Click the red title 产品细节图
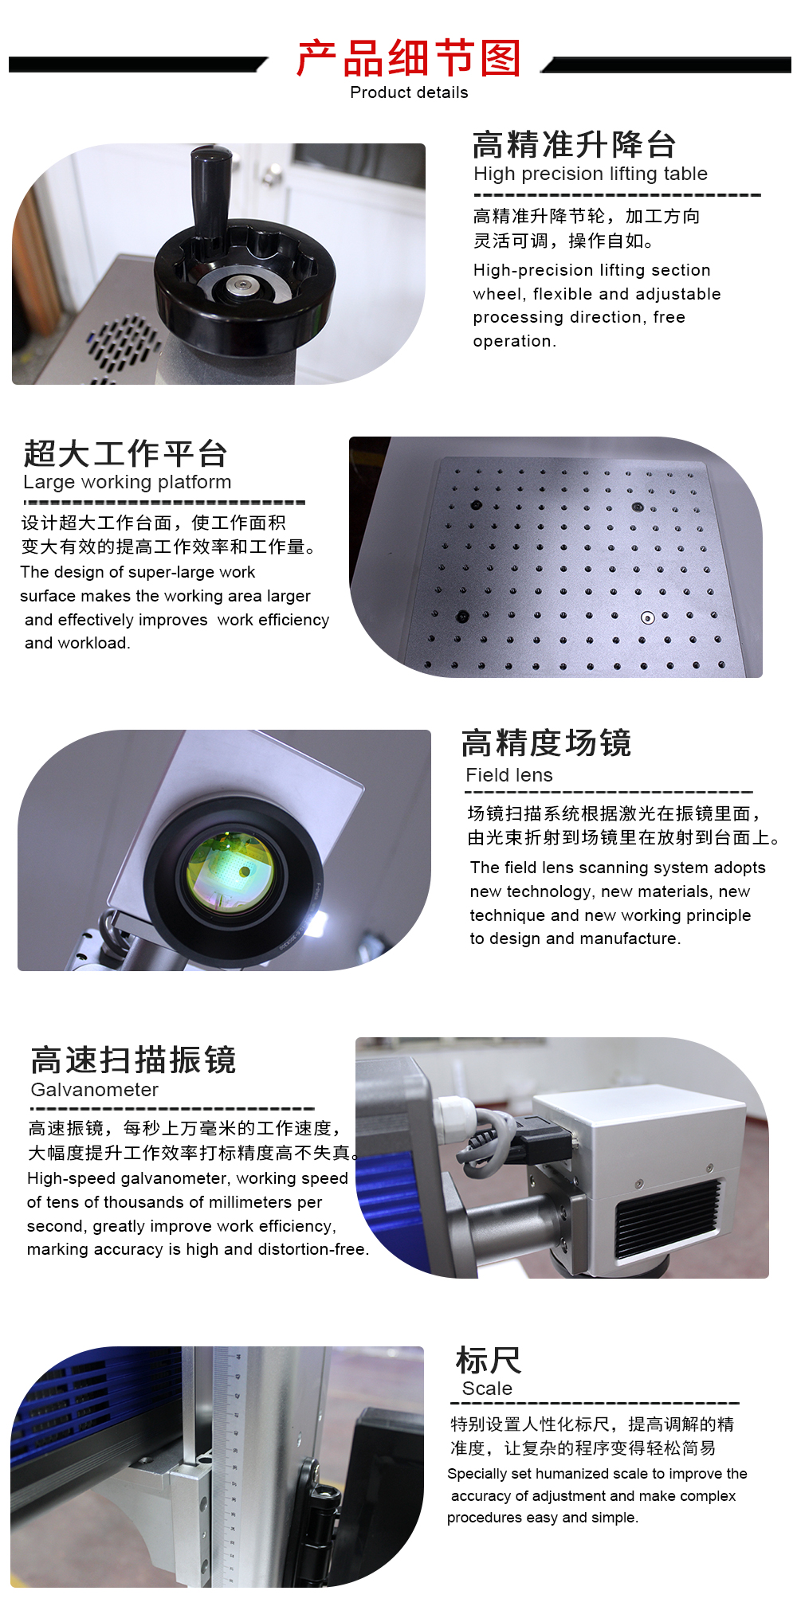pyautogui.click(x=408, y=57)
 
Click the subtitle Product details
pyautogui.click(x=409, y=92)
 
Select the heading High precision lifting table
pyautogui.click(x=591, y=174)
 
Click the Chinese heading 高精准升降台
pyautogui.click(x=574, y=144)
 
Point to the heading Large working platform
pyautogui.click(x=128, y=482)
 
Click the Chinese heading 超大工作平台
pyautogui.click(x=125, y=453)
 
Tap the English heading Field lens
pyautogui.click(x=509, y=775)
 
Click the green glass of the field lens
pyautogui.click(x=230, y=872)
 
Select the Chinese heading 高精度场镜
pyautogui.click(x=546, y=742)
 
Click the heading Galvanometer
pyautogui.click(x=95, y=1089)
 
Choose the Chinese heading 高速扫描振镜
pyautogui.click(x=133, y=1060)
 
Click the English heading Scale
pyautogui.click(x=487, y=1389)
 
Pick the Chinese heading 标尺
pyautogui.click(x=489, y=1360)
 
